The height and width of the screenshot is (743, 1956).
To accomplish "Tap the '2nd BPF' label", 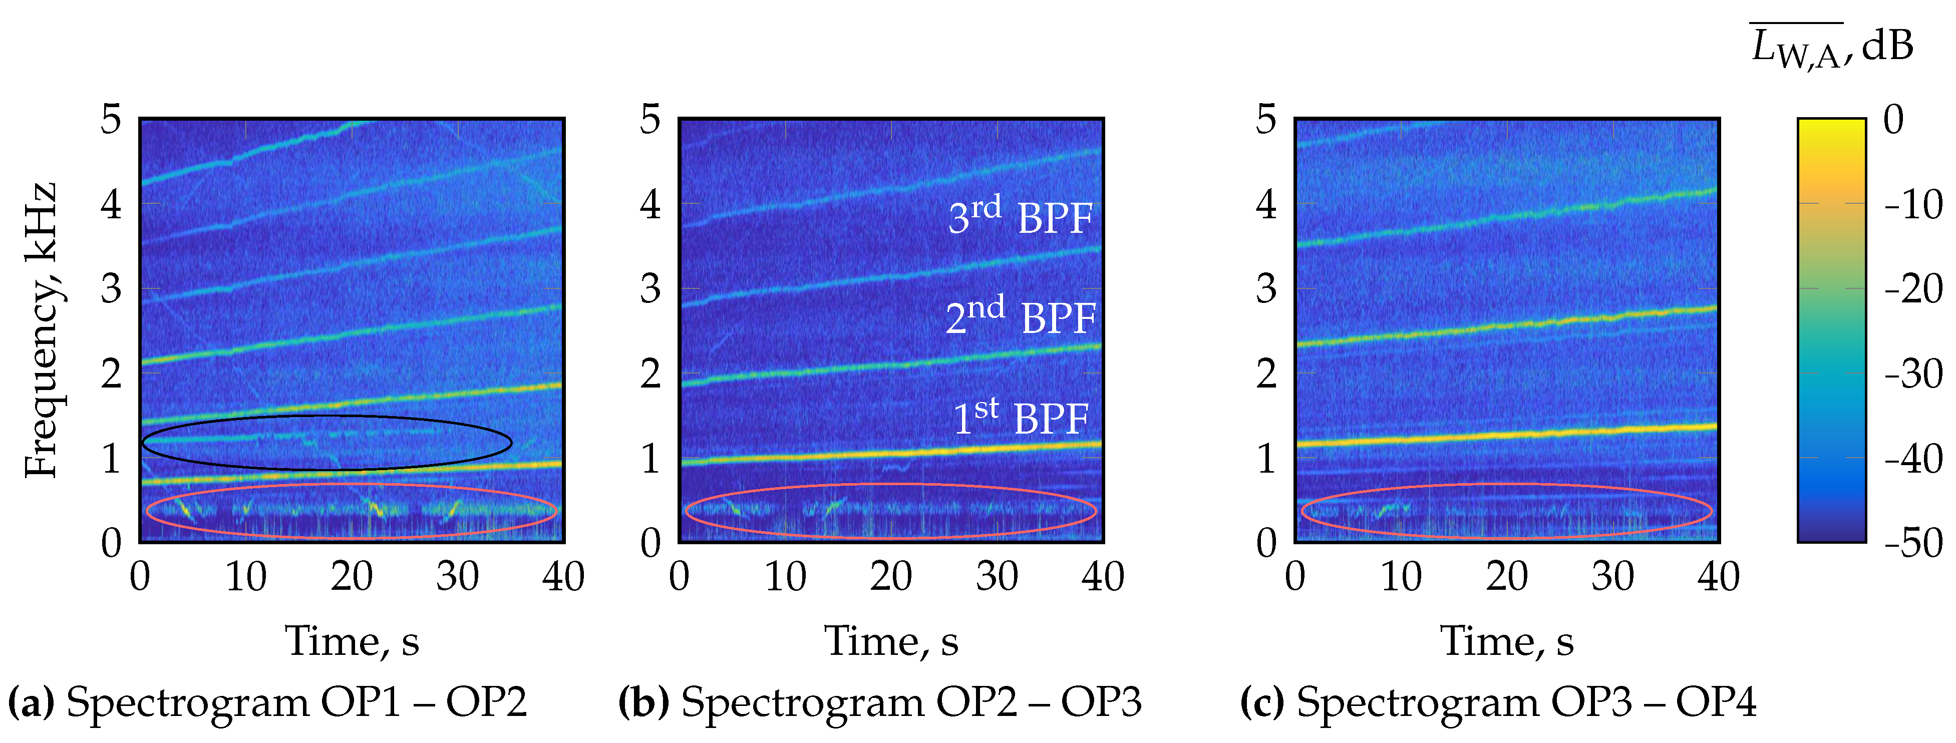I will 1020,316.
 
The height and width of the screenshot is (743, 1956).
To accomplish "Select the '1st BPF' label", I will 1020,418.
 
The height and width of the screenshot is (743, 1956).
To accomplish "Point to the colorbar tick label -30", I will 1913,374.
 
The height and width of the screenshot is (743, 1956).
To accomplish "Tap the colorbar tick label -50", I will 1913,543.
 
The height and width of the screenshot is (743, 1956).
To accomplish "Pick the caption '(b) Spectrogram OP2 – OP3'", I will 880,702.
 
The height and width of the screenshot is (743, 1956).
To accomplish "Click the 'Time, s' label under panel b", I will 891,641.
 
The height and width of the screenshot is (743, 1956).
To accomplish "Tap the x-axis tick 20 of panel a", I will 352,577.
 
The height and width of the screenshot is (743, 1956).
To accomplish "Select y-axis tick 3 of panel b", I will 650,288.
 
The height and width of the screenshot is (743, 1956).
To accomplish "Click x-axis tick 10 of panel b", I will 785,577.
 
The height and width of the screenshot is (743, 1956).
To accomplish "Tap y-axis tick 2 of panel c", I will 1266,374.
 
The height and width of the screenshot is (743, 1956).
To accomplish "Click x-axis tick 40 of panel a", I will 563,577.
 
